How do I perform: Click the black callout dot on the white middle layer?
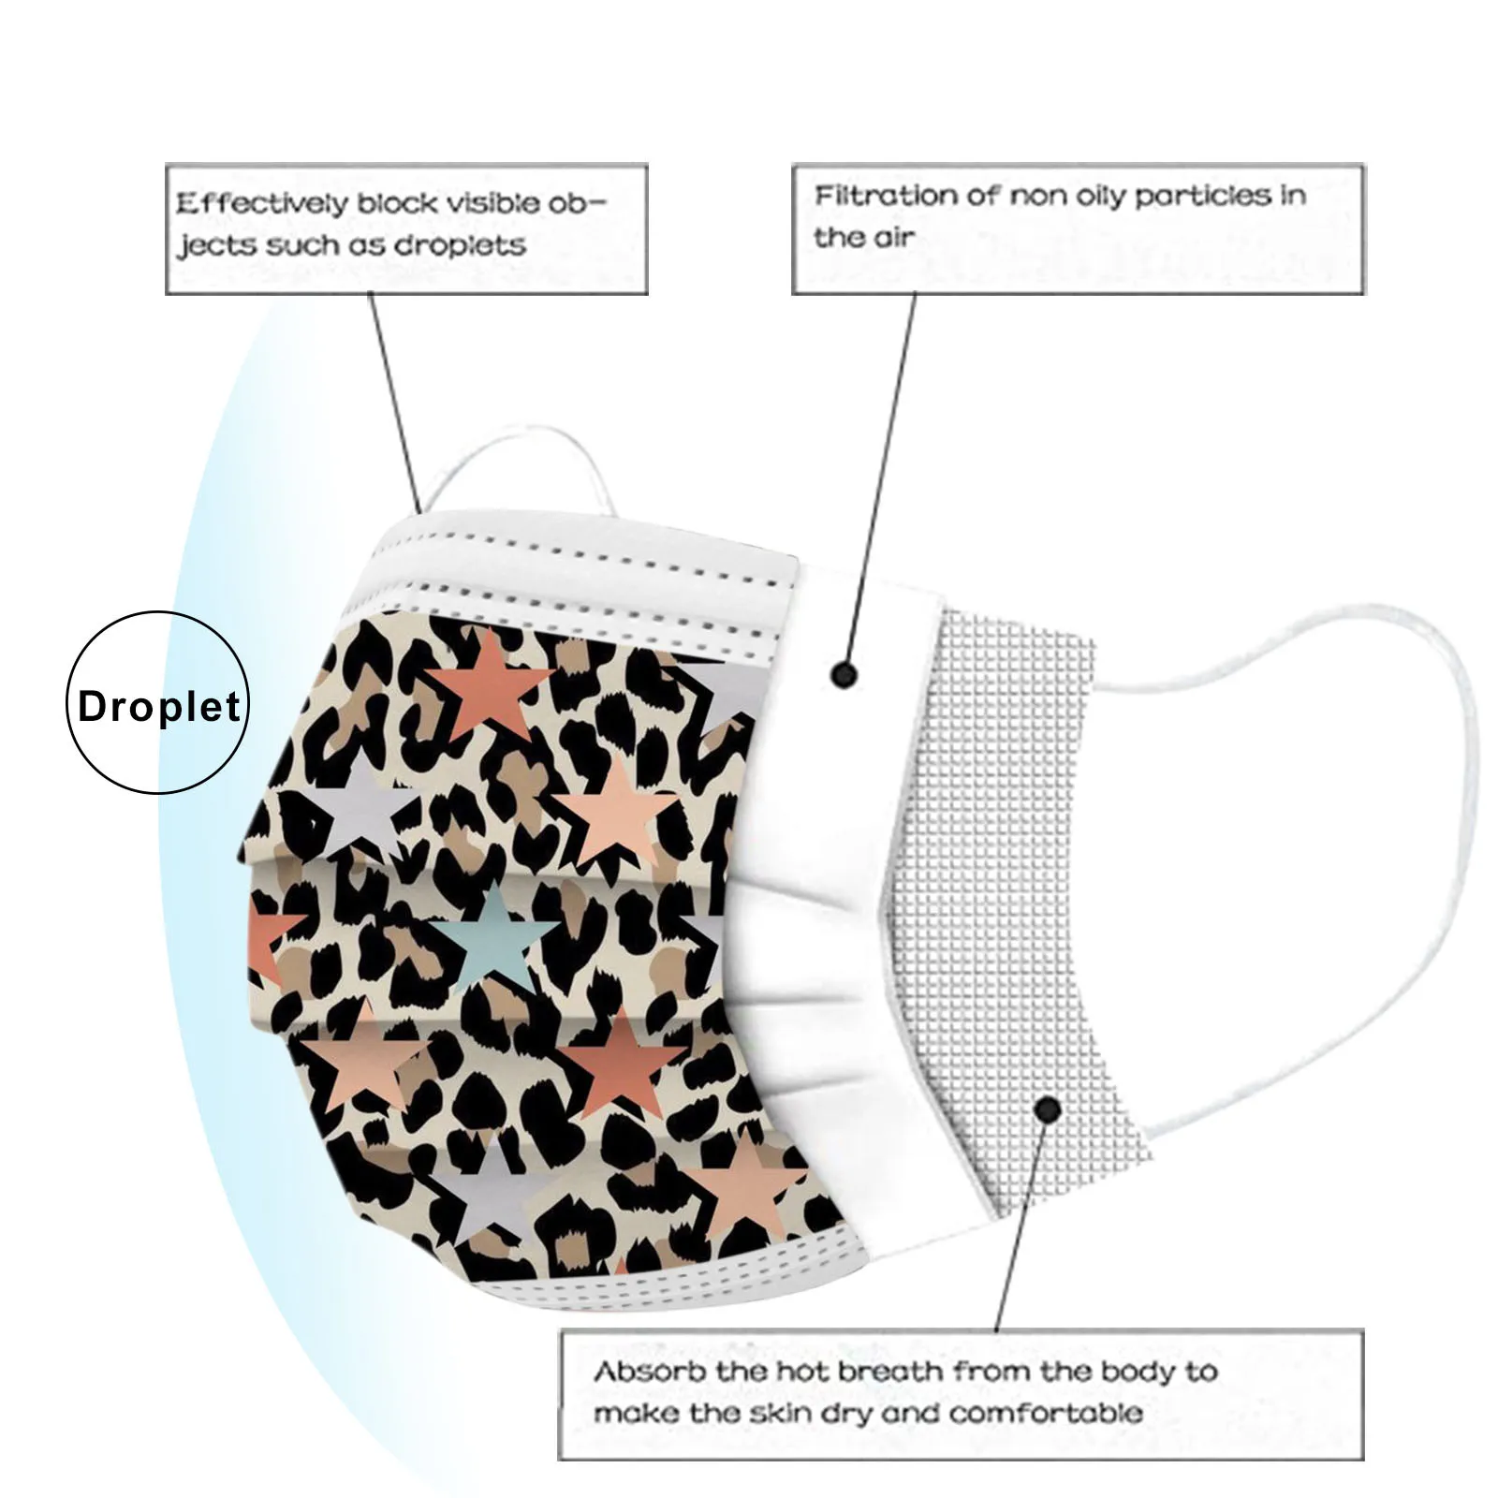coord(844,673)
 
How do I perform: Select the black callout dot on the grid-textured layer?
coord(1048,1110)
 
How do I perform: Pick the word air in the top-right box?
coord(889,238)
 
